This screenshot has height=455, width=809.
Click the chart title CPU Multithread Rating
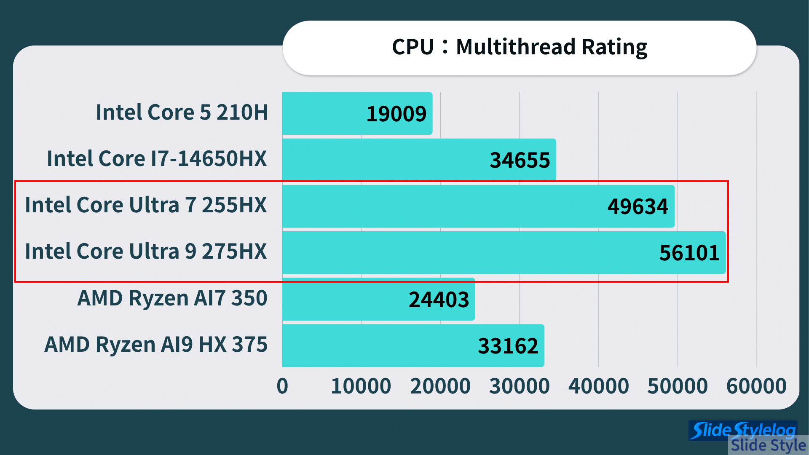(x=519, y=47)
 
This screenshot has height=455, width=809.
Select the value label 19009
(x=396, y=114)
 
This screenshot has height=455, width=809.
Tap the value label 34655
(x=520, y=160)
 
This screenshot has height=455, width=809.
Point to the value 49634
(x=638, y=206)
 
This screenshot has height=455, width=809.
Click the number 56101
(x=689, y=253)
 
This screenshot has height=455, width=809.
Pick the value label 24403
(x=439, y=300)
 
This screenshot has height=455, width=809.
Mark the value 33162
(x=508, y=346)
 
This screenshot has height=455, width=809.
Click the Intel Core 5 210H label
(x=182, y=112)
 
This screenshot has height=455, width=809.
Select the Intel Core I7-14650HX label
(x=157, y=159)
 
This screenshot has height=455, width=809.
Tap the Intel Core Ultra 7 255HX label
(x=146, y=205)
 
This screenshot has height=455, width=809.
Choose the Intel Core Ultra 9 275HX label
(x=146, y=252)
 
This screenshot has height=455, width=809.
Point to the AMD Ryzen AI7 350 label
(x=172, y=298)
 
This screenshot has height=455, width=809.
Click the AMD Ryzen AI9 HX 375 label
(x=156, y=345)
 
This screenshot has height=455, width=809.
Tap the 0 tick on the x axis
(x=282, y=386)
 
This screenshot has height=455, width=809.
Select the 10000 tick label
(x=361, y=386)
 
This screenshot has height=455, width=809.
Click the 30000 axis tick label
(x=519, y=386)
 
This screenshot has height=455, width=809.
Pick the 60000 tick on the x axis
(x=756, y=386)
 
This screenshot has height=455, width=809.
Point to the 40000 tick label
(x=598, y=386)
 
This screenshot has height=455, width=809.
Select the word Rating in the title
(x=614, y=47)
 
